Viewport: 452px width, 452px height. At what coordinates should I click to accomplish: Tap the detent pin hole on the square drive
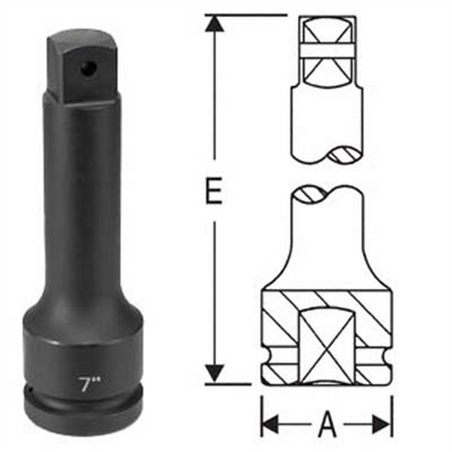pyautogui.click(x=87, y=68)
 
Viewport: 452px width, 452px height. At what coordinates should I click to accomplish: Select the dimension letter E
pyautogui.click(x=215, y=193)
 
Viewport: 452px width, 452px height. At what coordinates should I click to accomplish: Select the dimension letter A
pyautogui.click(x=326, y=424)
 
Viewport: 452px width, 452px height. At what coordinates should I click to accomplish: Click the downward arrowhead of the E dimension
pyautogui.click(x=215, y=373)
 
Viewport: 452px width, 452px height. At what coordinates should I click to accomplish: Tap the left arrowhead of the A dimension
pyautogui.click(x=270, y=424)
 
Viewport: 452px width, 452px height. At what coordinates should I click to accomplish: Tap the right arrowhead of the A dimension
pyautogui.click(x=383, y=424)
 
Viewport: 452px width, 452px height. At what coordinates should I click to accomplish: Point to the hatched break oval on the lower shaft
pyautogui.click(x=310, y=194)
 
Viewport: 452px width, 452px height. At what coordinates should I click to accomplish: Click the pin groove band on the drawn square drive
pyautogui.click(x=327, y=50)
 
